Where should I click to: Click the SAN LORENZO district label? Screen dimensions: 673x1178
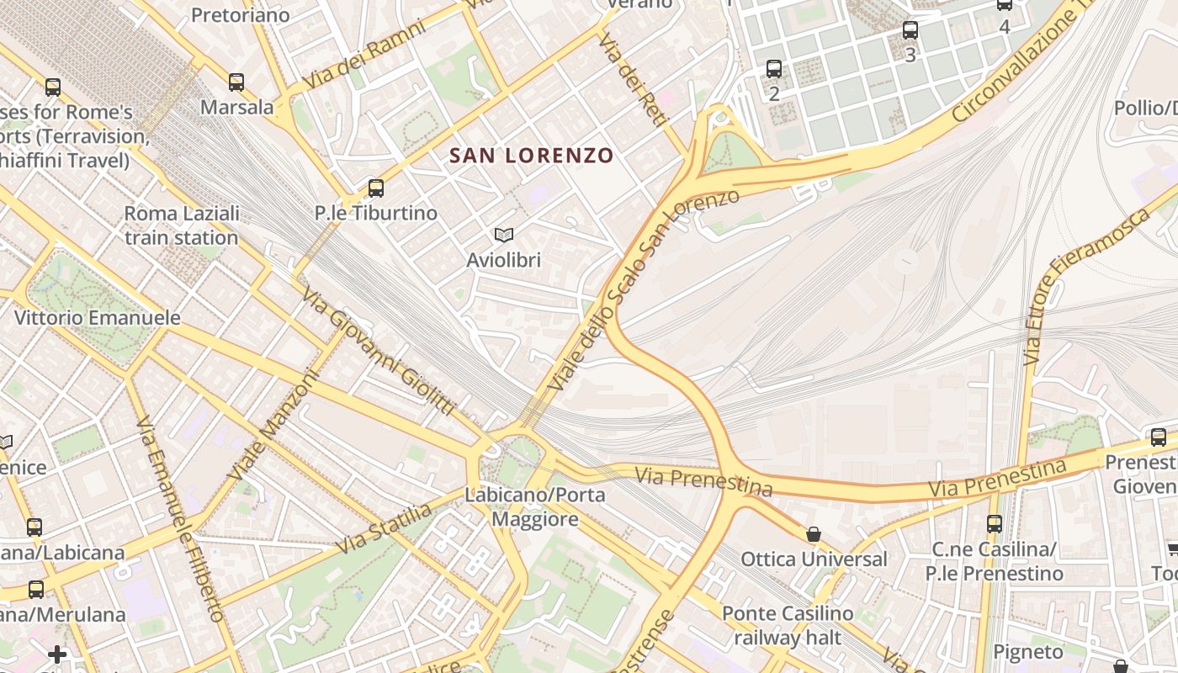pos(531,156)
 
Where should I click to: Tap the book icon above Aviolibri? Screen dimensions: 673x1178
pos(504,235)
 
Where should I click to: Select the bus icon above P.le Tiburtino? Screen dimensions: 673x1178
pos(376,188)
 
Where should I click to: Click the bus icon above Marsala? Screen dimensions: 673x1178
pos(236,82)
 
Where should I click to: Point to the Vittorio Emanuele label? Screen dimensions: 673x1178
pos(98,318)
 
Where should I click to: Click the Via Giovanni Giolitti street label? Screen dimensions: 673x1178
pos(379,352)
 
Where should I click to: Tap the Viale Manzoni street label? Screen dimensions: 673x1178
pos(274,426)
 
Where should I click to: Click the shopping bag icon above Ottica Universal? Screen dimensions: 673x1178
pos(813,534)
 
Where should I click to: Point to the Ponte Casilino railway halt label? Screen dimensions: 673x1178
pos(788,625)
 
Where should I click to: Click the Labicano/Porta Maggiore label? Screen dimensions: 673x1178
pos(535,506)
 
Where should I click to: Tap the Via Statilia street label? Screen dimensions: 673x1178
pos(384,527)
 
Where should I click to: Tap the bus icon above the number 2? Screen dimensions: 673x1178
pos(774,69)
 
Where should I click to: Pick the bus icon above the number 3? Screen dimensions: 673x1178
pos(910,31)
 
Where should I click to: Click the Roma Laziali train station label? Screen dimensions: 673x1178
pos(182,225)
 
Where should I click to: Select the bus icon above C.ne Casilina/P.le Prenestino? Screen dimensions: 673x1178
pos(995,524)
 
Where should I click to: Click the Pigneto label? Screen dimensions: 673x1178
pos(1028,652)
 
